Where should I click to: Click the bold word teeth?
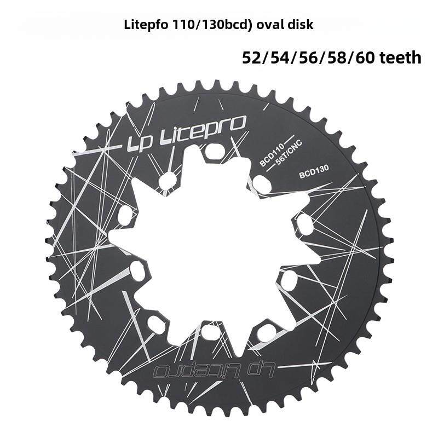397,57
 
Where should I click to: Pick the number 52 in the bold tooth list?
252,57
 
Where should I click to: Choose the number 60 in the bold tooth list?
362,57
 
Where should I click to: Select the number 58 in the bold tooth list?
335,57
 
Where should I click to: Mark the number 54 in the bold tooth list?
280,57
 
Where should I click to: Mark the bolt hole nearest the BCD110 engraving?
262,185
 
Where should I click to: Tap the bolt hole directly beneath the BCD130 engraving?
304,222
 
